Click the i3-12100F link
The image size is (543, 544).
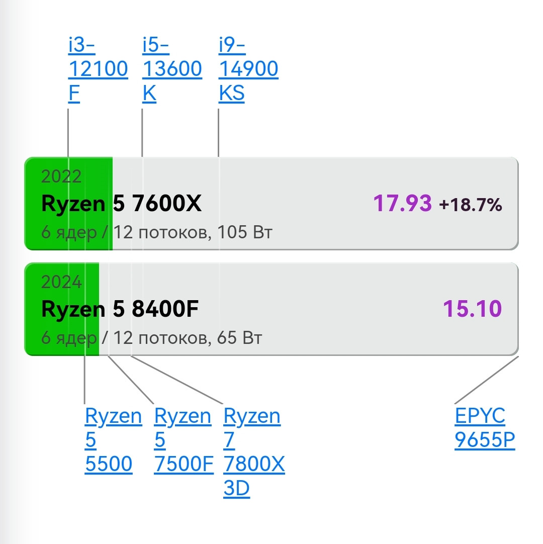(98, 69)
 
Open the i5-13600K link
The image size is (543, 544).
(172, 69)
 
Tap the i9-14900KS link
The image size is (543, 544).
(248, 69)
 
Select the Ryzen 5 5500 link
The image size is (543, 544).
(114, 439)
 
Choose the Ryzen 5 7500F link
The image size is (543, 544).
(184, 439)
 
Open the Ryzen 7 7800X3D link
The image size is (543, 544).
(254, 451)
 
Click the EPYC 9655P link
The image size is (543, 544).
(485, 427)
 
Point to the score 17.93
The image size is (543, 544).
(403, 203)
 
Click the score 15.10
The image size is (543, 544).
(473, 308)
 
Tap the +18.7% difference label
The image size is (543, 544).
(471, 205)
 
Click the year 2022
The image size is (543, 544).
(61, 176)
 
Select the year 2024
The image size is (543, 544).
(61, 282)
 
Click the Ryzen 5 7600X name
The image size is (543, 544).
(122, 203)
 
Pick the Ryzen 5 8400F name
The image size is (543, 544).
(120, 309)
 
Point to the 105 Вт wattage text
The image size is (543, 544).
(245, 232)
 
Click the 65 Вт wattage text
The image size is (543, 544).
(239, 337)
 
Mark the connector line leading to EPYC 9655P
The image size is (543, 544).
(487, 380)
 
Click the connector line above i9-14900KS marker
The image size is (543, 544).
(218, 133)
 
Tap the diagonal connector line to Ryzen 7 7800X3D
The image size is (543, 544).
(176, 380)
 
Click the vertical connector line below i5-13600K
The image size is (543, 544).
(142, 133)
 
